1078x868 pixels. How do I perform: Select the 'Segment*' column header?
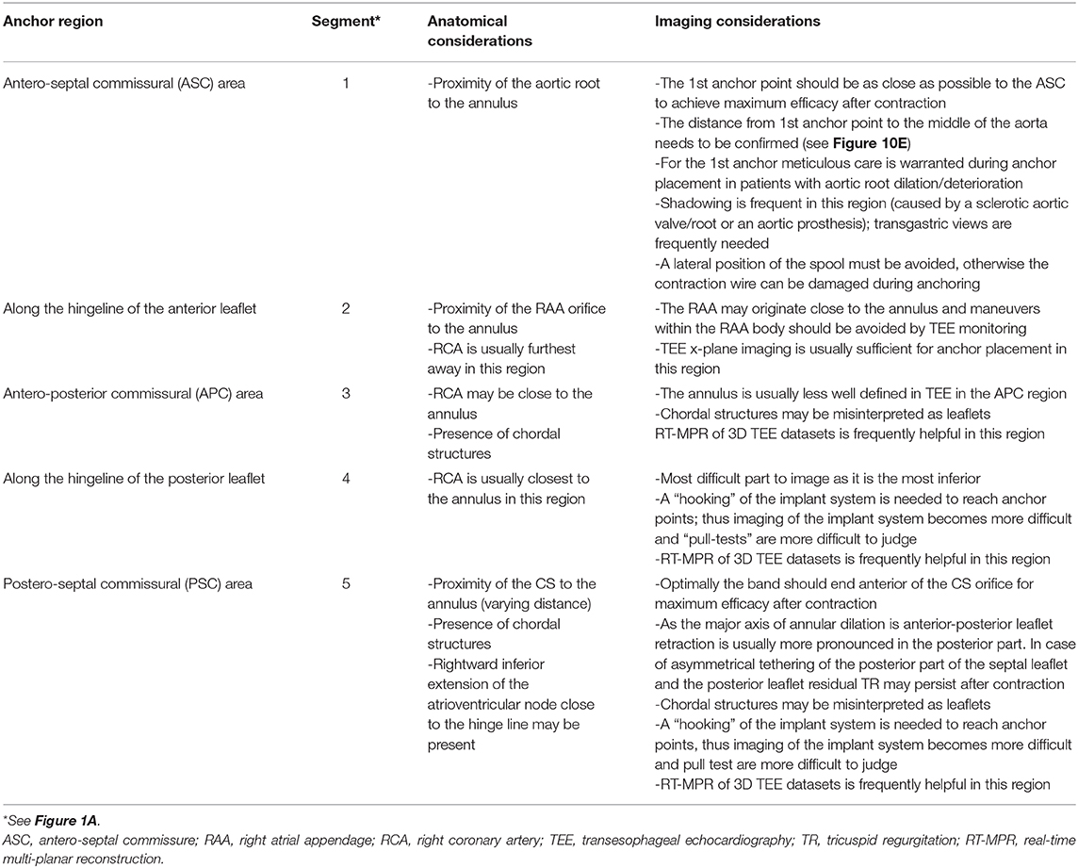point(352,20)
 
